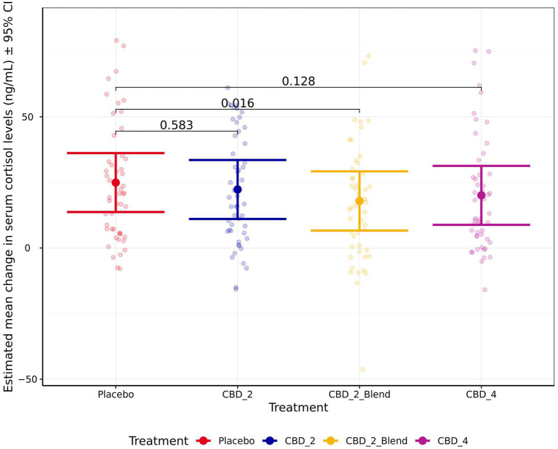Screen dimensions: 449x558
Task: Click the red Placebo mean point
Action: [116, 182]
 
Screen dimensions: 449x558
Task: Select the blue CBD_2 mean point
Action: [237, 190]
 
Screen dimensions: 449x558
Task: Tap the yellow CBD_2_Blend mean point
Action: [359, 201]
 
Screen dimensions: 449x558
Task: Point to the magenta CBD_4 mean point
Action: [481, 195]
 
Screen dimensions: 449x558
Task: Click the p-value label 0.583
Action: [177, 125]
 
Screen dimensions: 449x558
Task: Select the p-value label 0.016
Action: [238, 103]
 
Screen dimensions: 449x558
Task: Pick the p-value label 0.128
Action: [298, 81]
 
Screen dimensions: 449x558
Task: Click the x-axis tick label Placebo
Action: [116, 395]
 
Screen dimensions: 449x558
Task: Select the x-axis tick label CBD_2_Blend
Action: [359, 395]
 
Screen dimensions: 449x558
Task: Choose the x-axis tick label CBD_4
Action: [481, 395]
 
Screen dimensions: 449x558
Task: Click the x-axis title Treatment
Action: [298, 408]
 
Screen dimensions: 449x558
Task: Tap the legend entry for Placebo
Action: [226, 440]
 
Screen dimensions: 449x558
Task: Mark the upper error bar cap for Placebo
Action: [116, 153]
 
